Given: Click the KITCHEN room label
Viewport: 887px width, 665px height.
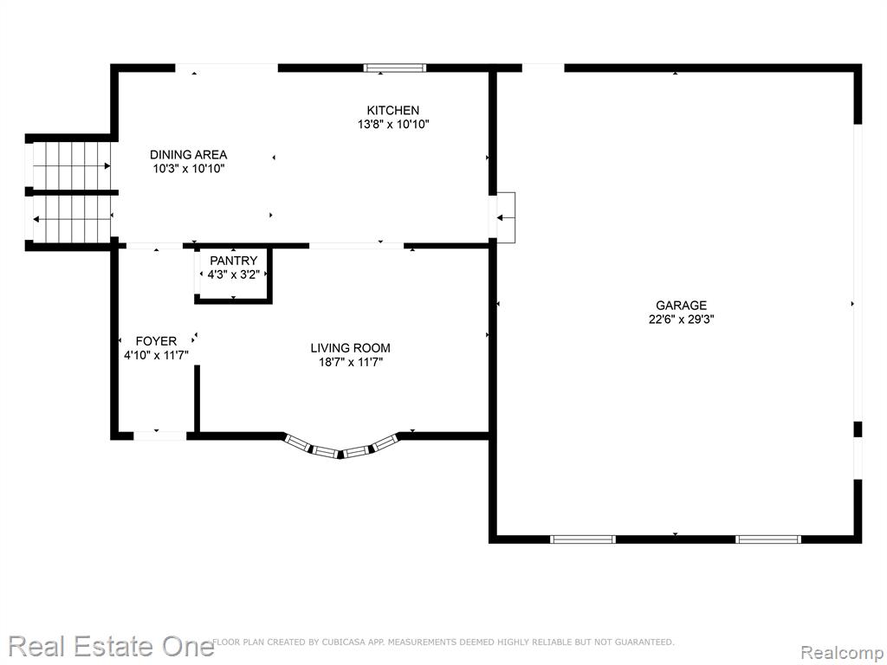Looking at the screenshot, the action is click(393, 110).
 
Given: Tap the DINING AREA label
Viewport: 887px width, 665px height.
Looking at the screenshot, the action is click(188, 154).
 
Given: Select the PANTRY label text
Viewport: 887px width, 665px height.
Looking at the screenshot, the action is click(234, 261).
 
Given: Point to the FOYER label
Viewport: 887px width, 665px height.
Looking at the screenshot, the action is click(156, 341).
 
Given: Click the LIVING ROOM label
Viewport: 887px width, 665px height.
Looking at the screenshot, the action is click(350, 348).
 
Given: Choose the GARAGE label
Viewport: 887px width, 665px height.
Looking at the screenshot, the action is click(681, 306).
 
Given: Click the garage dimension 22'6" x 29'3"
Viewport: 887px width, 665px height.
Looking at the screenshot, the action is click(681, 320).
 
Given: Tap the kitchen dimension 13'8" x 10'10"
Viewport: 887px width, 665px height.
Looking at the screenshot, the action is click(393, 125).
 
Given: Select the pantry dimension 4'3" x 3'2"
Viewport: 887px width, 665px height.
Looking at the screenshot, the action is click(234, 274).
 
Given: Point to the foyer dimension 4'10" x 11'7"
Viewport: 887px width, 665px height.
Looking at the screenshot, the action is click(156, 355).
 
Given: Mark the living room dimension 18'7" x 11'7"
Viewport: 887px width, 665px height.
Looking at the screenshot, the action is click(351, 362).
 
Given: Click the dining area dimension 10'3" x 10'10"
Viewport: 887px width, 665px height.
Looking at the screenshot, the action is click(188, 169).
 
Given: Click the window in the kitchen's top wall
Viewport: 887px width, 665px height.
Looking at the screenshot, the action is click(395, 68).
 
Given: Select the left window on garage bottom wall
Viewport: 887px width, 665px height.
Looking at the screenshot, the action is click(583, 539).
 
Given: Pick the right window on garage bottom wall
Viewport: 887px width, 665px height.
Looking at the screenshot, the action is click(768, 539).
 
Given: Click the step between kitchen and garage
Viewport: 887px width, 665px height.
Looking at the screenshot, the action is click(505, 217).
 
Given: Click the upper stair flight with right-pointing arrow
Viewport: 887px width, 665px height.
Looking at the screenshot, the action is click(71, 165).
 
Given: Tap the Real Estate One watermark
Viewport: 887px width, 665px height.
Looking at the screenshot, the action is click(111, 646).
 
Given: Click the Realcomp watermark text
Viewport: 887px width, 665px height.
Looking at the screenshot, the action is click(841, 652).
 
